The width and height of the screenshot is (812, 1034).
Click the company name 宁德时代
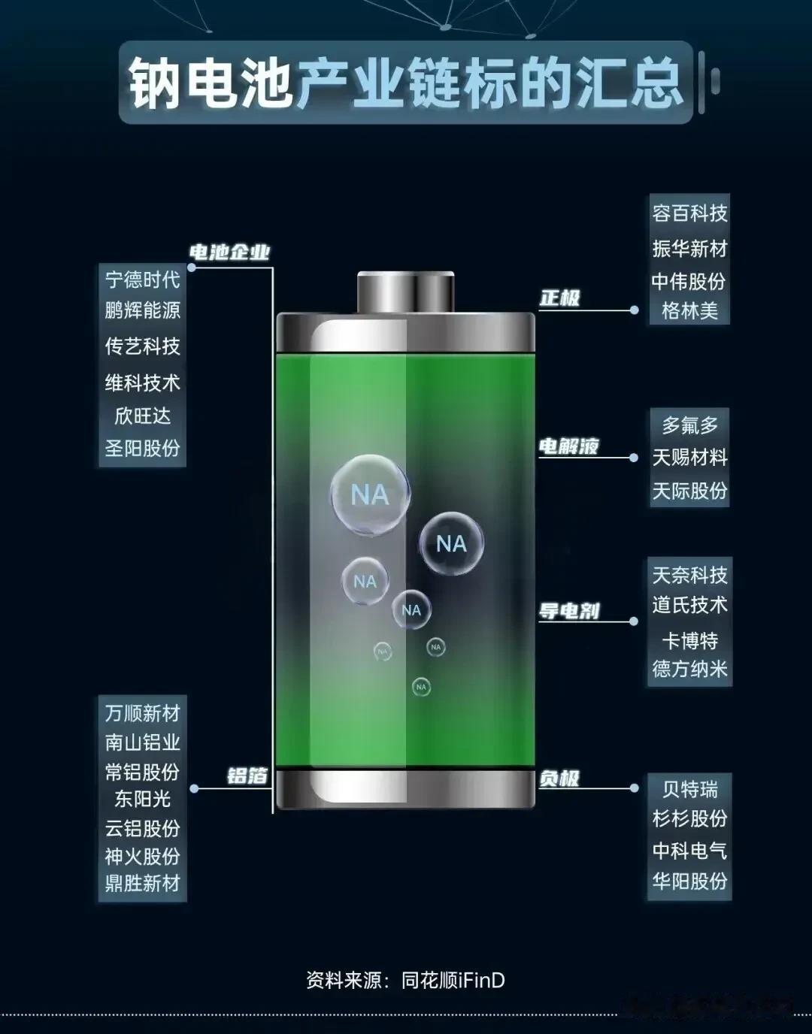142,280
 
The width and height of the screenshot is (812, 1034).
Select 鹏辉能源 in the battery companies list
142,310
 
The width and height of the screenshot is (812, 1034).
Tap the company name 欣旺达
142,416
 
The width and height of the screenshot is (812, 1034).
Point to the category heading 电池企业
229,252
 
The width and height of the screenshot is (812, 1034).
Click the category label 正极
559,298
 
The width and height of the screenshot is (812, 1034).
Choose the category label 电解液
568,446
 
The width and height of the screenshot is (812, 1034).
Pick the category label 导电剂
568,611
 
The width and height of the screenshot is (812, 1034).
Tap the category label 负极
559,779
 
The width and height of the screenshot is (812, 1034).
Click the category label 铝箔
247,775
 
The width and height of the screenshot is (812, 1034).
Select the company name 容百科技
689,213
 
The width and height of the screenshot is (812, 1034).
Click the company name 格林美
689,310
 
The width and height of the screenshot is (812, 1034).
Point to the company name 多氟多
689,425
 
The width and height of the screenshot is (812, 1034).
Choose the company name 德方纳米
689,669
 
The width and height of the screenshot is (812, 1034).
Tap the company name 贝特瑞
689,789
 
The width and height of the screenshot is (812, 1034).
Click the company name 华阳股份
689,881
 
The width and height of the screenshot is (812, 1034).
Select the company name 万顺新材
142,712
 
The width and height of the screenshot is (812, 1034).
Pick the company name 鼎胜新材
142,883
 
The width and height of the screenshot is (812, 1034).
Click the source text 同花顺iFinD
453,980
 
